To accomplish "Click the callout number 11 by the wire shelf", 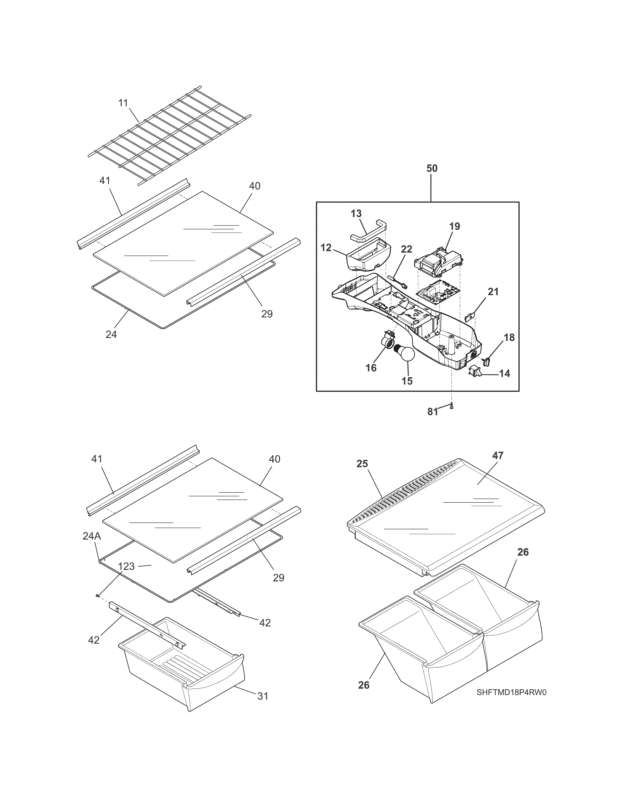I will [x=123, y=103].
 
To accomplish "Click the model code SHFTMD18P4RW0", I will [x=511, y=692].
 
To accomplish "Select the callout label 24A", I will [x=92, y=536].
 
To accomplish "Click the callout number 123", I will [x=127, y=566].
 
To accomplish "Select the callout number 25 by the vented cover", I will [x=362, y=464].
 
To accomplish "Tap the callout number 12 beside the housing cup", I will [x=326, y=248].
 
